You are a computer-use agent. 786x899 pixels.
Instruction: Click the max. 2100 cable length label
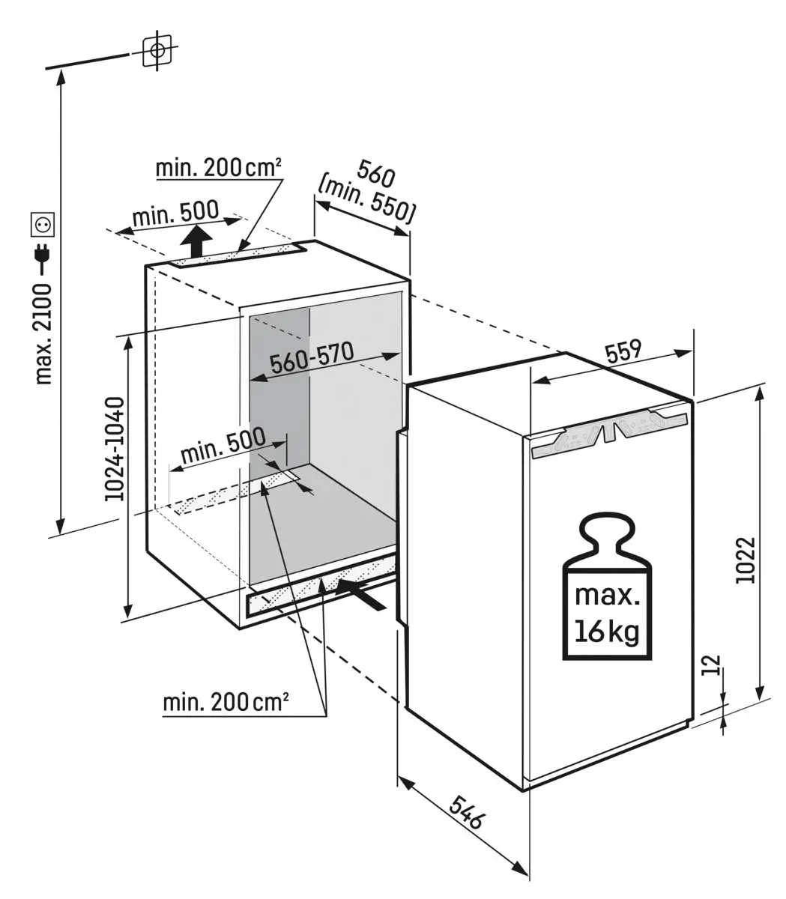[44, 334]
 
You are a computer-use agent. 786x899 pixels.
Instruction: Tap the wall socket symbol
[40, 223]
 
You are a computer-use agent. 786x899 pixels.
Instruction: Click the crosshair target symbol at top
[157, 51]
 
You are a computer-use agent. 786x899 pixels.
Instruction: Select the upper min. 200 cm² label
[219, 168]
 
